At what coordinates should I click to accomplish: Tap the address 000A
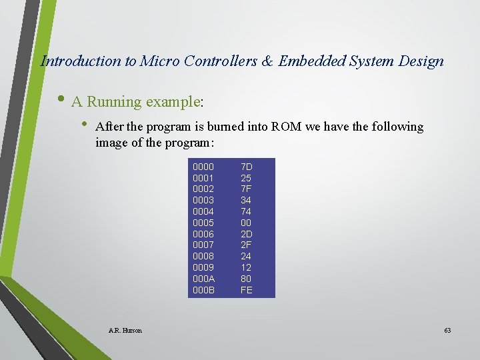coord(203,279)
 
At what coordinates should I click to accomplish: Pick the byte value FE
coord(246,290)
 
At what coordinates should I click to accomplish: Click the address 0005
coord(203,223)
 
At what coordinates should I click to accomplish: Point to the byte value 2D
coord(246,234)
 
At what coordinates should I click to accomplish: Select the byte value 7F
coord(246,189)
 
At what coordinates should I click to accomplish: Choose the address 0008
coord(203,256)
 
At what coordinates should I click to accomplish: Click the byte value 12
coord(246,267)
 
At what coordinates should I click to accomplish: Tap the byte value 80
coord(246,279)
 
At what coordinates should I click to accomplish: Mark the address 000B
coord(203,290)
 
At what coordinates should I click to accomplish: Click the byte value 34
coord(246,200)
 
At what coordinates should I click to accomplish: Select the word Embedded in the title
coord(309,61)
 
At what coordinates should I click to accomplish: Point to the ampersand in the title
coord(267,61)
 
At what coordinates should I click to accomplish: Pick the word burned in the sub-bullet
coord(227,127)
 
